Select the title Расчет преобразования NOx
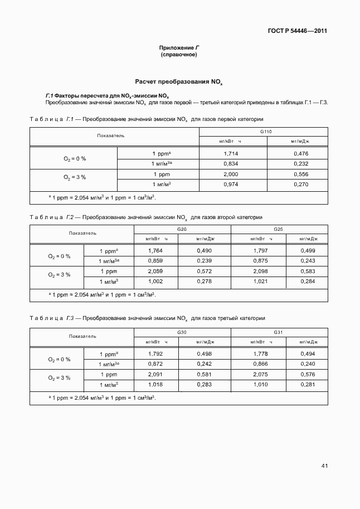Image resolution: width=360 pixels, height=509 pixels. (x=178, y=81)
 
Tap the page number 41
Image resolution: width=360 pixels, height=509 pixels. (x=324, y=465)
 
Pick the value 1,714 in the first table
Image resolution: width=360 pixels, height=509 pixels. (x=231, y=153)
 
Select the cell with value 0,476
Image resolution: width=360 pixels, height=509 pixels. (x=300, y=153)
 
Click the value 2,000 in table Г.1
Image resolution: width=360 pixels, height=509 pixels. (x=231, y=174)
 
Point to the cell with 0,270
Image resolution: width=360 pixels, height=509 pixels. (x=300, y=184)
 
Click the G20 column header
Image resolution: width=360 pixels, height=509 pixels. (x=182, y=230)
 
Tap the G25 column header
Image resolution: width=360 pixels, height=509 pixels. (x=279, y=230)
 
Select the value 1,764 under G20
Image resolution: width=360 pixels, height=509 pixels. (x=155, y=251)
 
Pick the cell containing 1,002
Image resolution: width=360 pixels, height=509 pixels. (x=155, y=282)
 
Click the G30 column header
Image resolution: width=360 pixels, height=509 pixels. (x=182, y=332)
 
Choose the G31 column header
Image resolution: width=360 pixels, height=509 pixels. (x=279, y=332)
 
